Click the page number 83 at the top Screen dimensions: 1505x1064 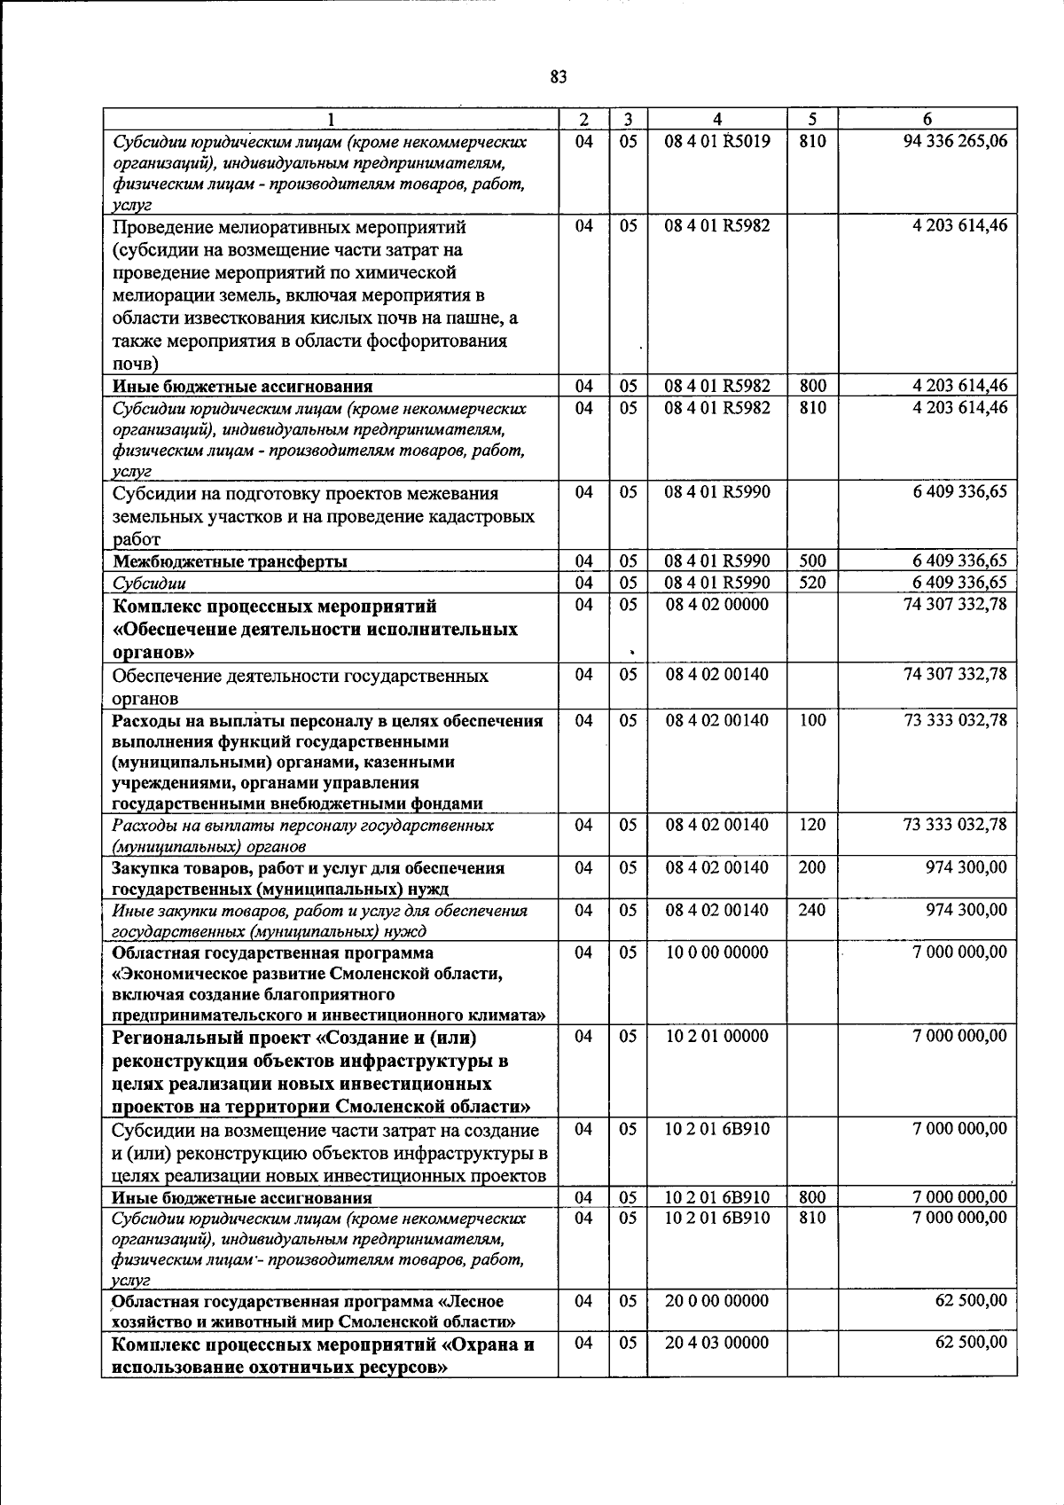(x=558, y=77)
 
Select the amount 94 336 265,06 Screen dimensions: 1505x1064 (x=955, y=141)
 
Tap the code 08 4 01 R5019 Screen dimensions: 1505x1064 (x=717, y=141)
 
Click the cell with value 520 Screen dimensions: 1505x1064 (x=812, y=583)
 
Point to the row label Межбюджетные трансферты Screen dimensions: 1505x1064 (x=230, y=561)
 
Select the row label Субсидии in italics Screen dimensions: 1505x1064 (x=149, y=584)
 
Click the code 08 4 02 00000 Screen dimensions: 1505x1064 (x=717, y=605)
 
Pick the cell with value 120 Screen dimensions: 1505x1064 (x=812, y=825)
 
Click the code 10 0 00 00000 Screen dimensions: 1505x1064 (x=717, y=952)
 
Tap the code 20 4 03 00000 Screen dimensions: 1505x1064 (x=717, y=1343)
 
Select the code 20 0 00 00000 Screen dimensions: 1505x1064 (x=717, y=1301)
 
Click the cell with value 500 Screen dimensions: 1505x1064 (x=812, y=560)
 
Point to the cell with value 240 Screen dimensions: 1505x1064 (x=812, y=910)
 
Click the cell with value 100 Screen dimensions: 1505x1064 (x=812, y=720)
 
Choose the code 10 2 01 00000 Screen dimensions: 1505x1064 (x=717, y=1036)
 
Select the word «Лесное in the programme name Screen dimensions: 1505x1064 (x=471, y=1302)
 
